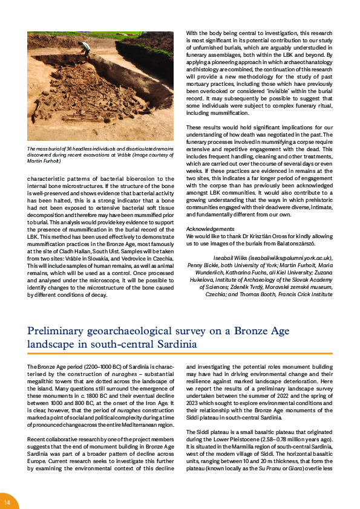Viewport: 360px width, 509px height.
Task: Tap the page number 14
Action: (x=7, y=502)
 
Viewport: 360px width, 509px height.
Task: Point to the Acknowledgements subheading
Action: (x=210, y=230)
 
